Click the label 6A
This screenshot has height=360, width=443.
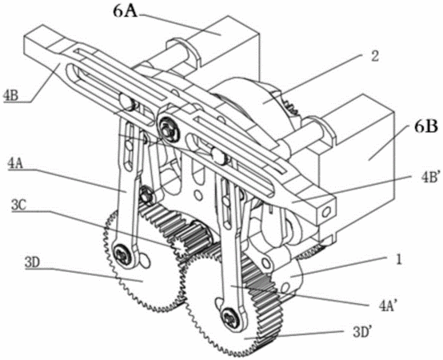click(x=126, y=11)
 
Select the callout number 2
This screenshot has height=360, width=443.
click(x=374, y=56)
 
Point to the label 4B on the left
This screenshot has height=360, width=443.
click(x=10, y=96)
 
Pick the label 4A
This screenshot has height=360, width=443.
click(x=15, y=165)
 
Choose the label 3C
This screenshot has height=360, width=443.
click(x=19, y=206)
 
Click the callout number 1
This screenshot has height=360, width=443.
click(x=398, y=260)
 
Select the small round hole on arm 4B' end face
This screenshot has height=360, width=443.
click(x=327, y=212)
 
